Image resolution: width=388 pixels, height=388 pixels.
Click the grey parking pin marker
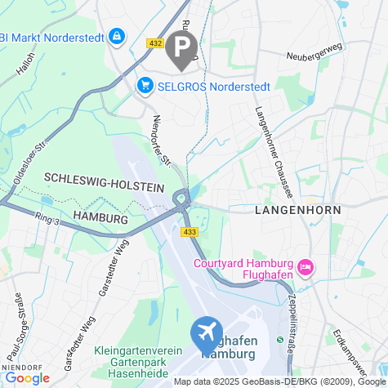(x=181, y=47)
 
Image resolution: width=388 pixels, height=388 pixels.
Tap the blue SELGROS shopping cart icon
(x=145, y=85)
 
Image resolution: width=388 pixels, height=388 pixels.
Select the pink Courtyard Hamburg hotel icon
(x=306, y=267)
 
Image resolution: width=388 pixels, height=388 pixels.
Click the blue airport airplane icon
(x=207, y=332)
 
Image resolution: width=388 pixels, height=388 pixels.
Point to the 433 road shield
(x=190, y=233)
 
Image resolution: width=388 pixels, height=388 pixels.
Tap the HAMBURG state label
(x=101, y=219)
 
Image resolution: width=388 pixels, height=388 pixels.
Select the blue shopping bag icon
(x=117, y=37)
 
